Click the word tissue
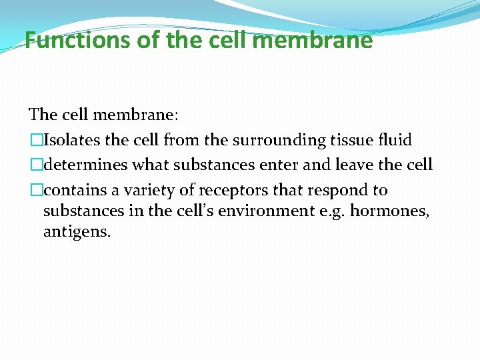click(349, 140)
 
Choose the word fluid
click(394, 140)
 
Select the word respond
click(337, 190)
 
